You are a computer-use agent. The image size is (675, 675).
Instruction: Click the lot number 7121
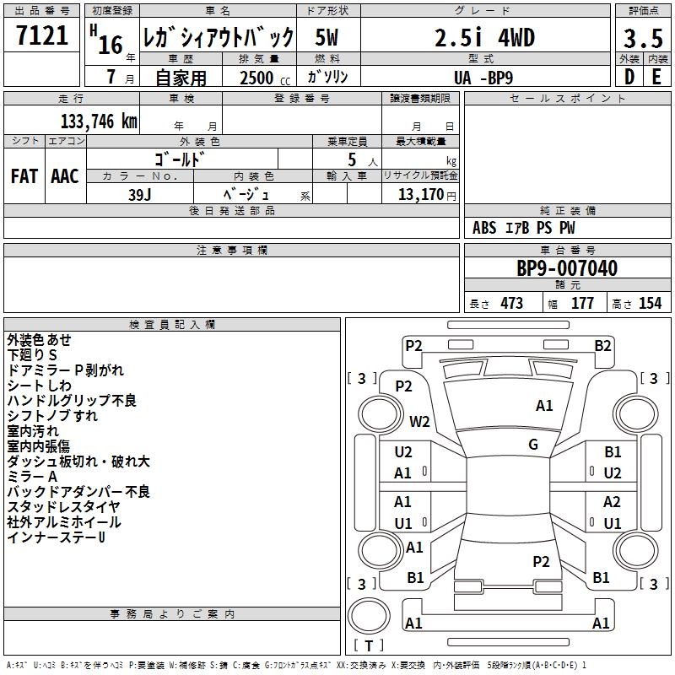click(42, 35)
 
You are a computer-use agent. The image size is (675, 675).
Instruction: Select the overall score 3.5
click(643, 38)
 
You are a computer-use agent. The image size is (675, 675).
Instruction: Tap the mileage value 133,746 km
click(99, 121)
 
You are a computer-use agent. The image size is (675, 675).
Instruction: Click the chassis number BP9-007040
click(567, 268)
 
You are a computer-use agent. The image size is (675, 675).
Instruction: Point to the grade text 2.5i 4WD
click(484, 37)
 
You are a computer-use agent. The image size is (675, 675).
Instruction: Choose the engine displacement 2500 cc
click(265, 78)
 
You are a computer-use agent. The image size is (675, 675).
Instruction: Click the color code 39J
click(140, 195)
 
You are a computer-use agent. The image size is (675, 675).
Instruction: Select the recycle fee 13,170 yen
click(427, 195)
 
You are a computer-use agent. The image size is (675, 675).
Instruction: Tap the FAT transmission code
click(24, 176)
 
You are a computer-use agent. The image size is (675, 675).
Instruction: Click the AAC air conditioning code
click(65, 176)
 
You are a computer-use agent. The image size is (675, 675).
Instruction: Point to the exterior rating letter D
click(629, 77)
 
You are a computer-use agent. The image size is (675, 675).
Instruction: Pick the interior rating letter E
click(656, 77)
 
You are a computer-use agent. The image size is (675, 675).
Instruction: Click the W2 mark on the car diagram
click(419, 421)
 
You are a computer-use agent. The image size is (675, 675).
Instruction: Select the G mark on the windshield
click(533, 445)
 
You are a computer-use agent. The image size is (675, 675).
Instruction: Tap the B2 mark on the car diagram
click(602, 346)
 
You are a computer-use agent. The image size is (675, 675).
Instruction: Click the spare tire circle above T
click(369, 616)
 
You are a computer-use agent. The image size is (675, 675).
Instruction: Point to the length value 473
click(512, 303)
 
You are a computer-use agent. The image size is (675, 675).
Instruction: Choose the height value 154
click(650, 303)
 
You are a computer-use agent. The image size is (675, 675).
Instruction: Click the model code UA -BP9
click(483, 78)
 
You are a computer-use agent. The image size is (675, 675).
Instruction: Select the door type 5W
click(327, 37)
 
